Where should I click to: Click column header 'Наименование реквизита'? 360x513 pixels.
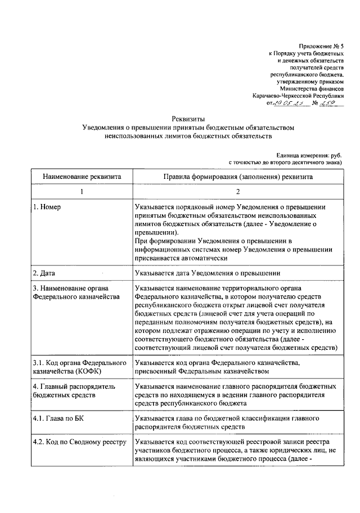[82, 176]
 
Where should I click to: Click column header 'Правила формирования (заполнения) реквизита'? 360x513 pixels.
[238, 176]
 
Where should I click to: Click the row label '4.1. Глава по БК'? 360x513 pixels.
[58, 419]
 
